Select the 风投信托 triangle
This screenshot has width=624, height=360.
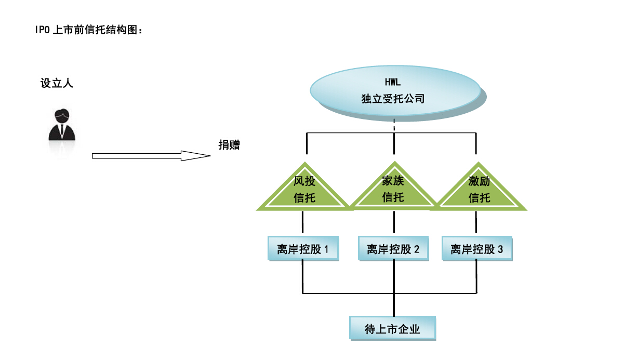304,192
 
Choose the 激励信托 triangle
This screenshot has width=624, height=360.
479,192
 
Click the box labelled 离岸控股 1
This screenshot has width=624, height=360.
303,249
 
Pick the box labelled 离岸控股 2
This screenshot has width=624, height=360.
393,249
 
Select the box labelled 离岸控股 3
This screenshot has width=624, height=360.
476,249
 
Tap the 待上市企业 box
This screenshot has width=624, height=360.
392,329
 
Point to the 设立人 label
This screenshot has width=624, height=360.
57,83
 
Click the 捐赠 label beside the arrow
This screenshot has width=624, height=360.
229,145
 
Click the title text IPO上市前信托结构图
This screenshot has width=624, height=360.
89,31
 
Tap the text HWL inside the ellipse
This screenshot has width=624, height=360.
393,82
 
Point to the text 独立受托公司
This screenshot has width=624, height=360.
393,99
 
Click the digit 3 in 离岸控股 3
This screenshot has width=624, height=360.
500,249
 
